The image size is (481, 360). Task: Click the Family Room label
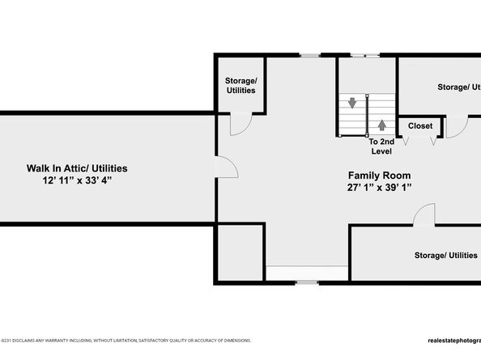pos(379,176)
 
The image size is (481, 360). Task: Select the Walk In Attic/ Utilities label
pos(77,168)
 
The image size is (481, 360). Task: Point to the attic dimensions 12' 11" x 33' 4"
pos(77,180)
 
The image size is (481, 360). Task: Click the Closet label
pos(419,126)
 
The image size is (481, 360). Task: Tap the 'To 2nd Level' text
pos(381,146)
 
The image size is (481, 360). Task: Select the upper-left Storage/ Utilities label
pos(240,85)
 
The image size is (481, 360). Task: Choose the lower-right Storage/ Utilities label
pos(445,256)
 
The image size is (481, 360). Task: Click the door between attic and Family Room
pos(226,168)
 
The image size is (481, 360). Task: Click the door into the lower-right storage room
pos(422,215)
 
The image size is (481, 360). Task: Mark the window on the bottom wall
pos(306,282)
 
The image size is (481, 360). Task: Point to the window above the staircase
pos(371,55)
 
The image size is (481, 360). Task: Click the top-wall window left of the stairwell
pos(309,55)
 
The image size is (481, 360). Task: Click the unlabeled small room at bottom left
pos(240,253)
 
